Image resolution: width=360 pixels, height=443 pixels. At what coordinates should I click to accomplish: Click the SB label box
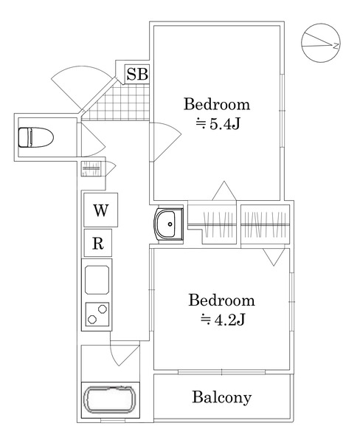pyautogui.click(x=137, y=74)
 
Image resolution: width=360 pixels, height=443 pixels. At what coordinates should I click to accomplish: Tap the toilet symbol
pyautogui.click(x=36, y=137)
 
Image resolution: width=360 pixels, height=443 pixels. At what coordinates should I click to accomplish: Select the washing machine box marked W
pyautogui.click(x=101, y=210)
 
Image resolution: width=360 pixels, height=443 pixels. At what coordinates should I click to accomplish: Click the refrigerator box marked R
pyautogui.click(x=98, y=243)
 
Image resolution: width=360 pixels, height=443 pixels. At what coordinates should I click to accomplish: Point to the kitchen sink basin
pyautogui.click(x=97, y=280)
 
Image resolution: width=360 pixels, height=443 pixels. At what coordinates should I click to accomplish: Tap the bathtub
pyautogui.click(x=111, y=399)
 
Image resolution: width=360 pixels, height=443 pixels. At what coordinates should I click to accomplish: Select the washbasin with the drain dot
pyautogui.click(x=168, y=224)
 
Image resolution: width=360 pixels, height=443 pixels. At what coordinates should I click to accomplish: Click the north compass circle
pyautogui.click(x=321, y=43)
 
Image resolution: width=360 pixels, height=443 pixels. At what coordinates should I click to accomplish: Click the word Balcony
pyautogui.click(x=221, y=397)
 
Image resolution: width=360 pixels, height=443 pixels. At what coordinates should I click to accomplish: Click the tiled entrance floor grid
pyautogui.click(x=117, y=102)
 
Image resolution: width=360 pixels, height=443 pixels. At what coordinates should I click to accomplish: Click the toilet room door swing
pyautogui.click(x=93, y=140)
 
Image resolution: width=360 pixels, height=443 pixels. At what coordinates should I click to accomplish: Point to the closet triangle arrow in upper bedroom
pyautogui.click(x=224, y=190)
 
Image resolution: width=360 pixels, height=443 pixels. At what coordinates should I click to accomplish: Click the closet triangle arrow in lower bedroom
pyautogui.click(x=274, y=257)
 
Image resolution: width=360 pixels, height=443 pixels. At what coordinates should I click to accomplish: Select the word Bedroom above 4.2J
pyautogui.click(x=221, y=300)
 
